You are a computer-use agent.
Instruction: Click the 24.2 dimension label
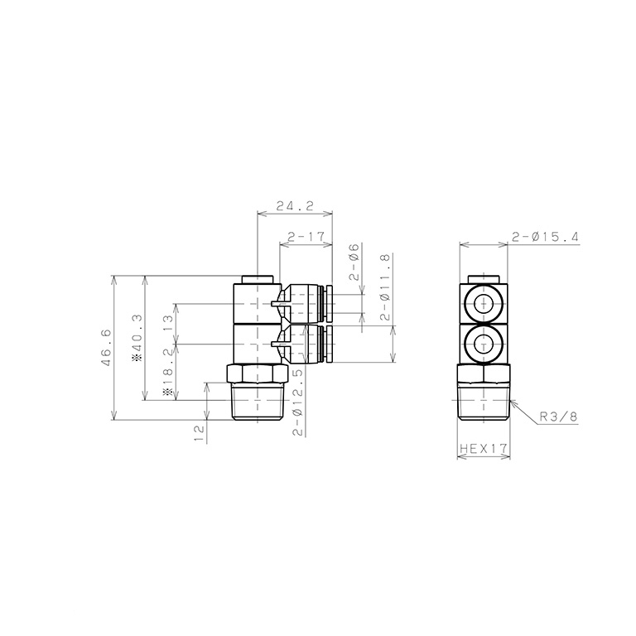295,206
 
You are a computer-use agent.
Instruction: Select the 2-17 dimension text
306,236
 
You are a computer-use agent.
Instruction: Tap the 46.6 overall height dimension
106,348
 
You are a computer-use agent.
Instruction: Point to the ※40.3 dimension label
138,337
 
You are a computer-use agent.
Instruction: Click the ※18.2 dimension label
169,371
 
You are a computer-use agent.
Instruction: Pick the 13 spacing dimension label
169,324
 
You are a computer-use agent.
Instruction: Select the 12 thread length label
200,433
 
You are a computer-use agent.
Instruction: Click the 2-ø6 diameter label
354,262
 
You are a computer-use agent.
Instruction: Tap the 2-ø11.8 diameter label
385,287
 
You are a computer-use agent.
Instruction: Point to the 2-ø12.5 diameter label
298,402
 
